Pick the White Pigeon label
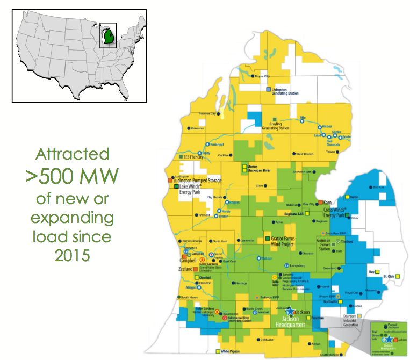coord(233,351)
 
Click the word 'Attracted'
coord(72,154)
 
